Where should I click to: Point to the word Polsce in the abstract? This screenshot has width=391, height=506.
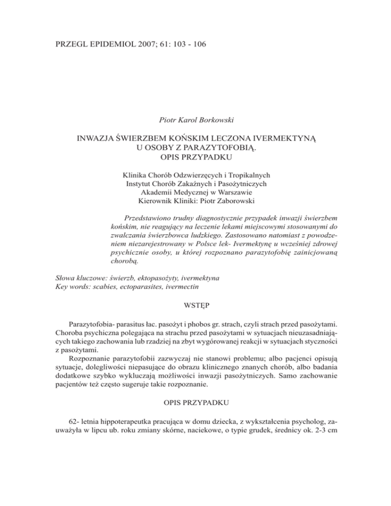[x=219, y=244]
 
